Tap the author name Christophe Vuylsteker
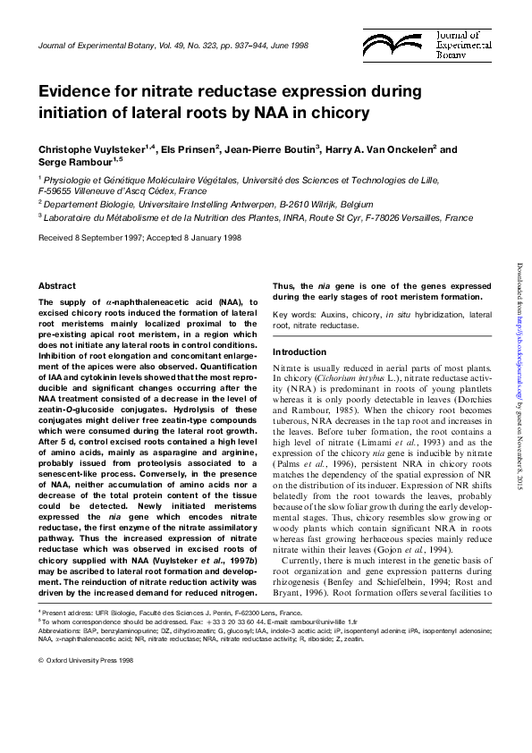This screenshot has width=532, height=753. [x=93, y=149]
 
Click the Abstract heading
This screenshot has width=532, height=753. [x=56, y=285]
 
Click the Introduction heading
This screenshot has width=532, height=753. [x=300, y=351]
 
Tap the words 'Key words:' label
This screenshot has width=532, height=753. [x=293, y=315]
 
